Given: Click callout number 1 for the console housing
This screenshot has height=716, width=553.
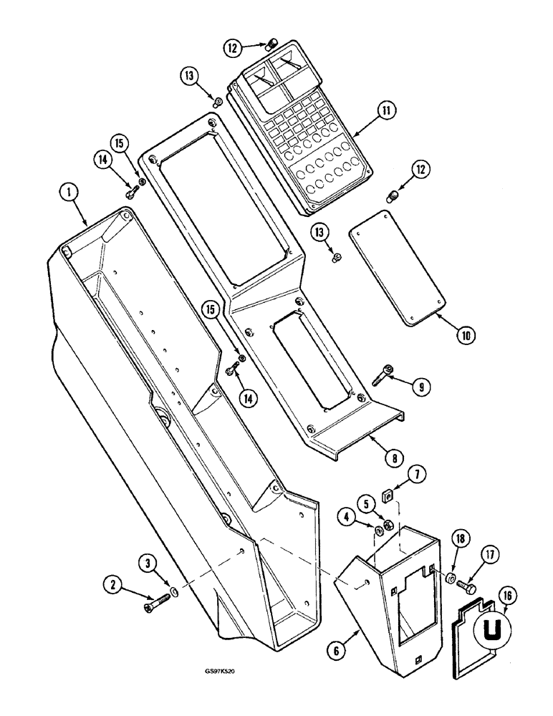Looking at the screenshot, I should point(67,191).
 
